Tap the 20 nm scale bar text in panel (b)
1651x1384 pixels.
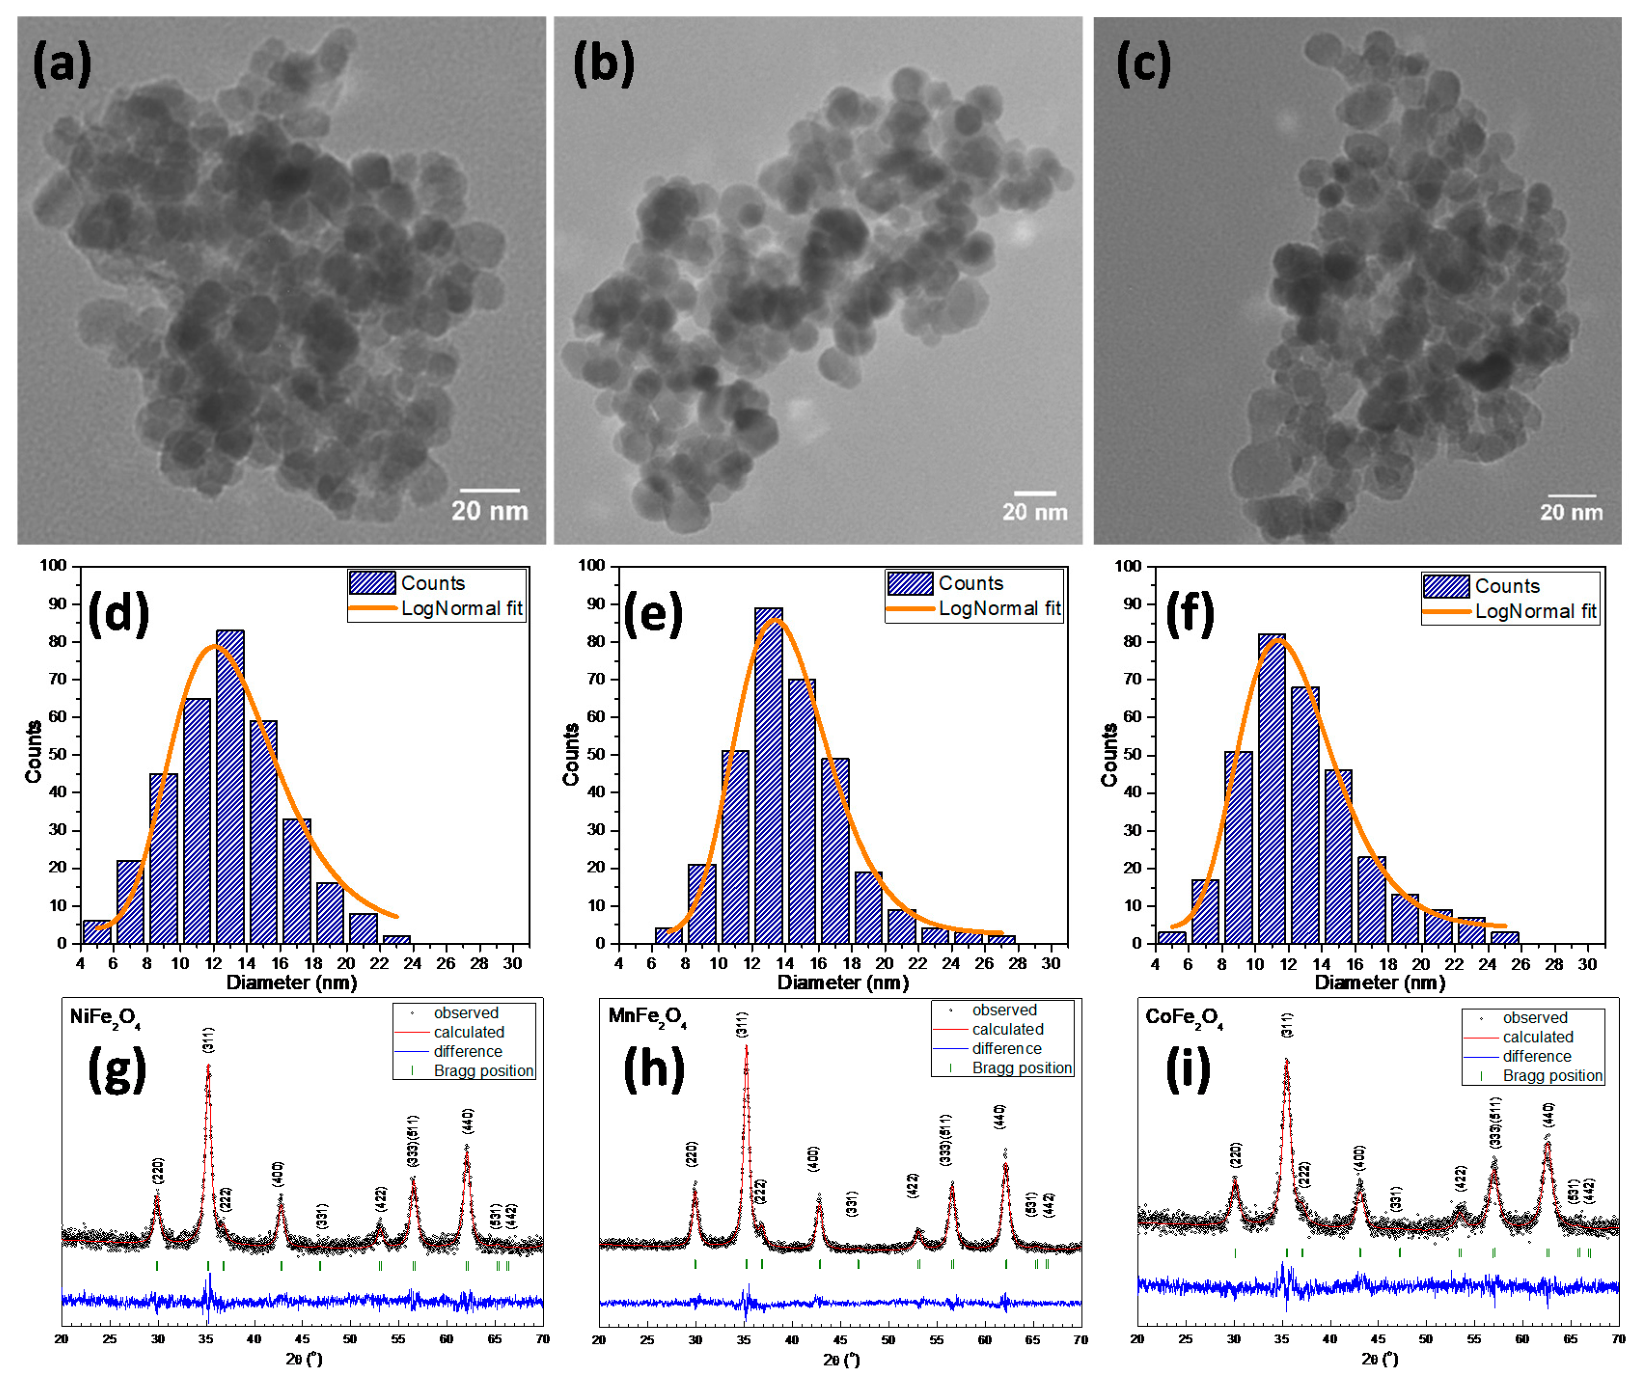tap(1034, 513)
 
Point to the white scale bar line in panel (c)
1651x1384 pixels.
tap(1571, 496)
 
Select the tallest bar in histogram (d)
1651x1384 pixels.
tap(230, 786)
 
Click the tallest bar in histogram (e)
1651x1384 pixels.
tap(768, 774)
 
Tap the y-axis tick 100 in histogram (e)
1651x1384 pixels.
tap(591, 566)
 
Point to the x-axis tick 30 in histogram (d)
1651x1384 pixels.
tap(512, 963)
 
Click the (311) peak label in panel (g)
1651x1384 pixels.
tap(207, 1040)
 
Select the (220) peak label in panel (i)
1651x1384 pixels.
tap(1236, 1156)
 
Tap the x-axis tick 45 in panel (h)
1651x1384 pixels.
tap(839, 1339)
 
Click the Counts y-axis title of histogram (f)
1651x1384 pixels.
tap(1109, 755)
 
